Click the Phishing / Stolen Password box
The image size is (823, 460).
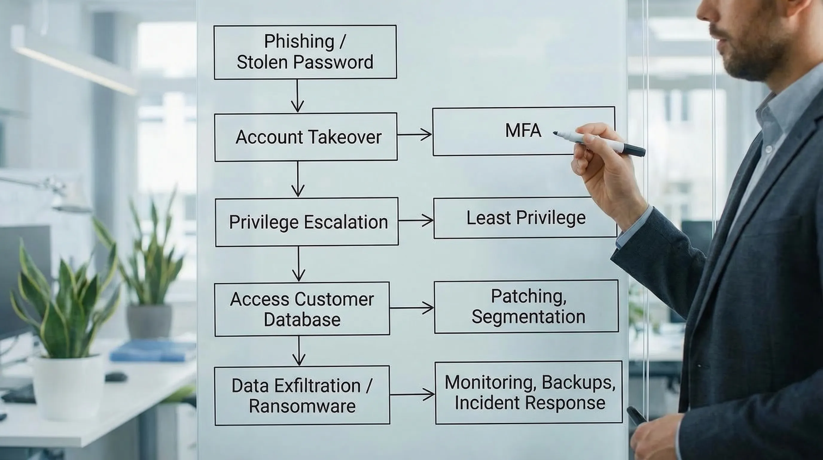click(305, 52)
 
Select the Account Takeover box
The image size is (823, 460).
click(306, 137)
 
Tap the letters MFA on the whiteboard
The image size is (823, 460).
click(523, 131)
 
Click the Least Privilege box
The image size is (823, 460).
click(525, 218)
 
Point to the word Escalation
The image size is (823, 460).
click(346, 222)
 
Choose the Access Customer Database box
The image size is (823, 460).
click(302, 309)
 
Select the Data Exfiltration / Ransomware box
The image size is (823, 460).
click(302, 396)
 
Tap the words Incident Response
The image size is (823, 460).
click(530, 403)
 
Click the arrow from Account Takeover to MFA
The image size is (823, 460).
click(414, 135)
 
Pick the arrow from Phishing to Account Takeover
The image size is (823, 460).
click(297, 96)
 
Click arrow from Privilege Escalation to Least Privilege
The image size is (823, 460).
click(415, 220)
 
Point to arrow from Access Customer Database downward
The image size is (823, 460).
click(299, 351)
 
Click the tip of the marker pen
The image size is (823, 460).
click(555, 133)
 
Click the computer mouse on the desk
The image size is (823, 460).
click(116, 377)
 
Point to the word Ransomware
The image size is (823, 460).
click(302, 406)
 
